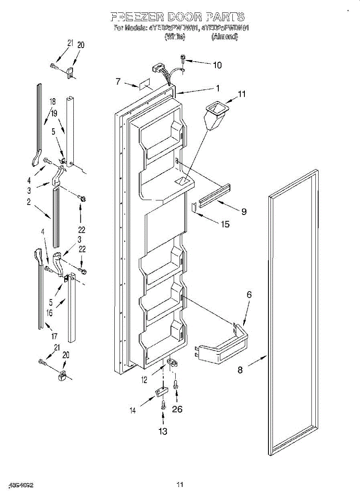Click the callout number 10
(217, 65)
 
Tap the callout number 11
(242, 94)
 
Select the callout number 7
(118, 82)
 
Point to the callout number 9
(244, 212)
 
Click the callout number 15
(225, 224)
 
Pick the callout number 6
(249, 294)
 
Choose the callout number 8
(240, 370)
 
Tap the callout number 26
(177, 410)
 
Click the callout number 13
(163, 431)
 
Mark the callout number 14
(133, 410)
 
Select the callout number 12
(144, 380)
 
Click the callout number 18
(53, 102)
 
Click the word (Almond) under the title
(225, 37)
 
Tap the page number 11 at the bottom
(180, 484)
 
